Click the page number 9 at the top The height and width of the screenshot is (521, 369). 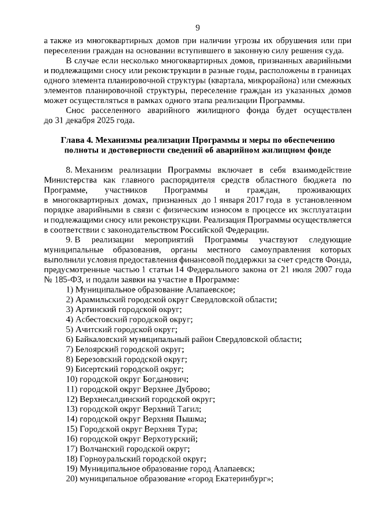pos(198,28)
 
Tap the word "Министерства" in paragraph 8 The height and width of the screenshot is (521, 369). pos(67,181)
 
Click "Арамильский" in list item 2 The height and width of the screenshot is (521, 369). pos(100,299)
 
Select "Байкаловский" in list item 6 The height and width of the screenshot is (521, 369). pos(103,339)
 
